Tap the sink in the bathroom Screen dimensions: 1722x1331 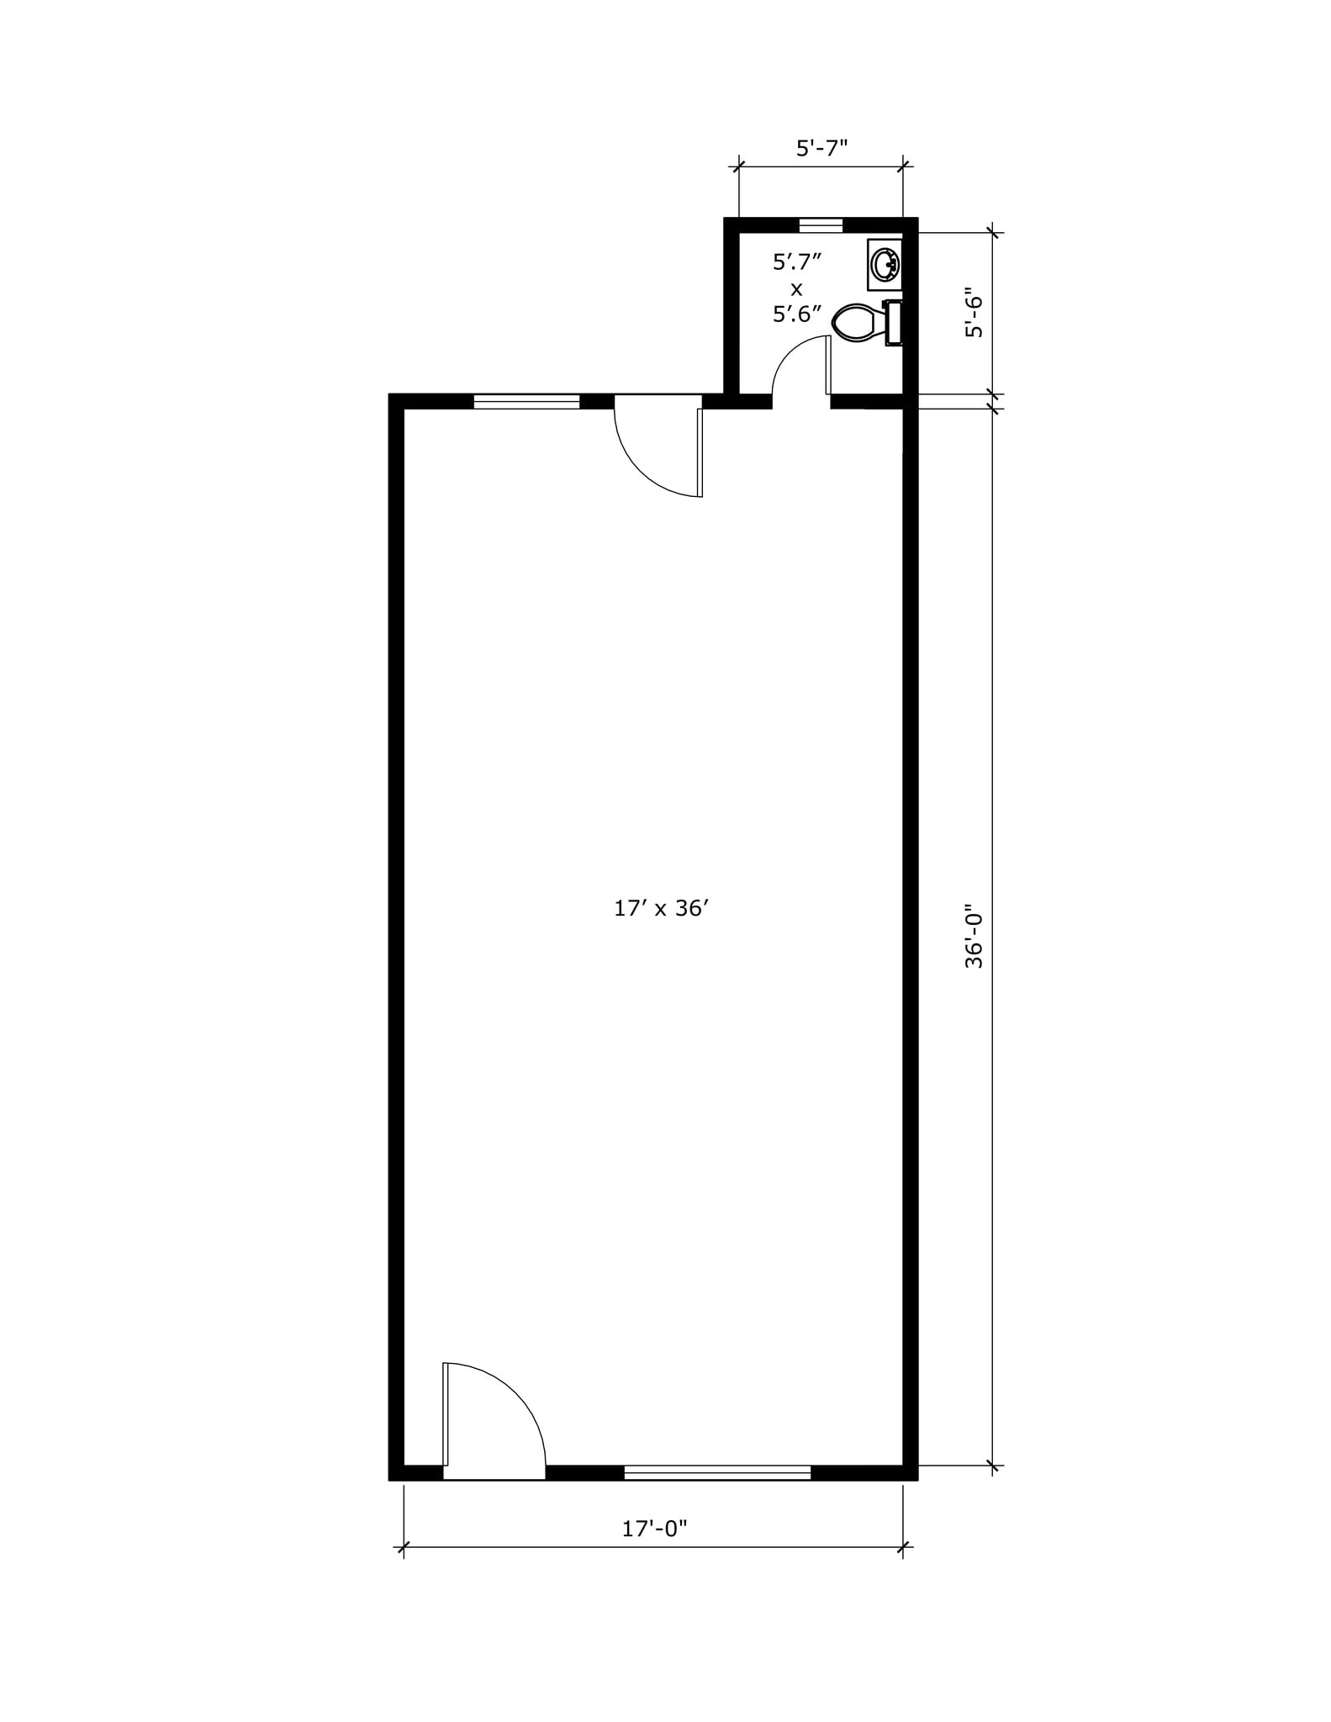coord(884,265)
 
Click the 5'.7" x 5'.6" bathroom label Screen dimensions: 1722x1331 coord(796,288)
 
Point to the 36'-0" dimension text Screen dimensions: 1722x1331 coord(974,936)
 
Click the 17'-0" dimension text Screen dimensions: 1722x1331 coord(654,1528)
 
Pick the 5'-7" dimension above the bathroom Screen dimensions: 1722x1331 coord(821,148)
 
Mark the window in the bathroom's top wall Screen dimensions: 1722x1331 coord(821,224)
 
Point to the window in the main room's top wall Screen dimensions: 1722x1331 coord(526,401)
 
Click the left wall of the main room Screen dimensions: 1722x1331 coord(397,925)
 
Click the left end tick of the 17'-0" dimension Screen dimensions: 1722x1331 coord(404,1546)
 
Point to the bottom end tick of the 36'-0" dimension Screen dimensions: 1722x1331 coord(993,1466)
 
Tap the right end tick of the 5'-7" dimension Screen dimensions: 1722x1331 coord(903,166)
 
